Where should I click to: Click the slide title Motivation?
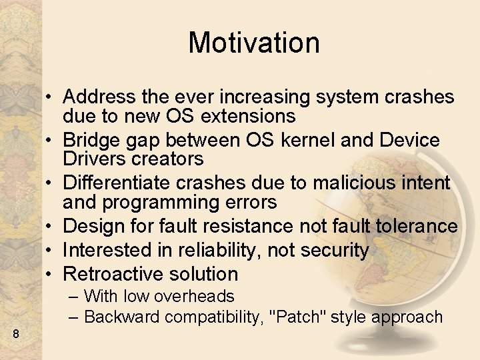coord(254,43)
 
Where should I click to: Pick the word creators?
coord(168,159)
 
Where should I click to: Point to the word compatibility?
coord(211,317)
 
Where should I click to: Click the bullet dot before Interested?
coord(51,251)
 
